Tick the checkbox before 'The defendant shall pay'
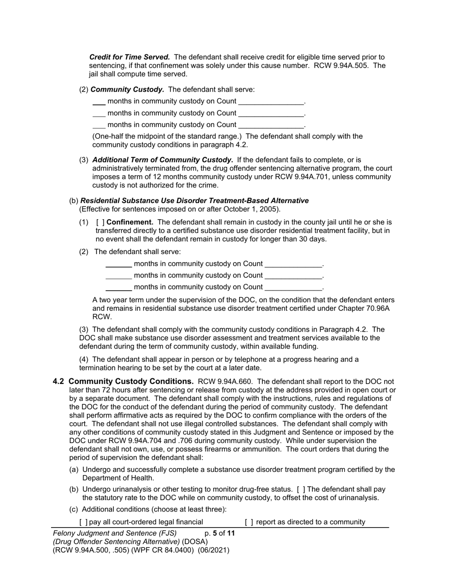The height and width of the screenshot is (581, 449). pyautogui.click(x=301, y=489)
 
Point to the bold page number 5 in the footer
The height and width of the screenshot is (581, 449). pyautogui.click(x=215, y=533)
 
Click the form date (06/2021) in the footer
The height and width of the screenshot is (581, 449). pyautogui.click(x=214, y=550)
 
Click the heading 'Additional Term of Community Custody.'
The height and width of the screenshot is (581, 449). pyautogui.click(x=163, y=160)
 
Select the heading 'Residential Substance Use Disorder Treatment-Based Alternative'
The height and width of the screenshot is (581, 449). pyautogui.click(x=194, y=200)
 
